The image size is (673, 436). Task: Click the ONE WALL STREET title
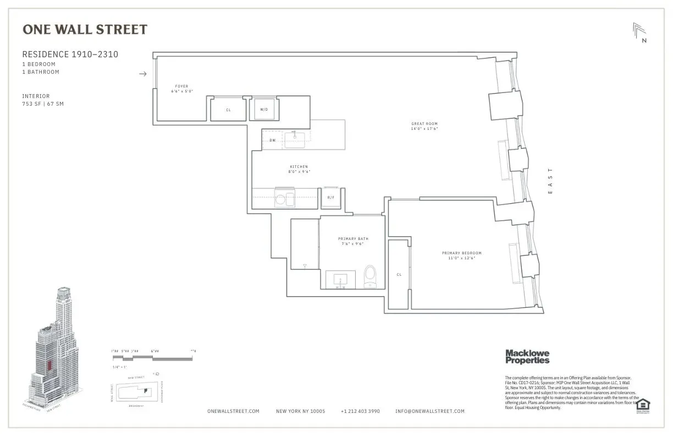pos(85,30)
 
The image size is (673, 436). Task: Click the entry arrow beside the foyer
pos(143,74)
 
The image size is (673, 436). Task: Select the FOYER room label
pos(181,86)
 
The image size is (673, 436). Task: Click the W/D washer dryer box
pos(264,109)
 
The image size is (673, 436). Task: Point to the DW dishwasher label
pos(272,140)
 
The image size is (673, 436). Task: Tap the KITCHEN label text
pos(299,167)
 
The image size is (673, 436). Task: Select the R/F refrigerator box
pos(331,197)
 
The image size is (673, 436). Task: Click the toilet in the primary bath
pos(371,275)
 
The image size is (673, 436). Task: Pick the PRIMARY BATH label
pos(353,239)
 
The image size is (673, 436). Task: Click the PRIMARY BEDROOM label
pos(461,253)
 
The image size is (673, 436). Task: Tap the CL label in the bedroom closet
pos(399,274)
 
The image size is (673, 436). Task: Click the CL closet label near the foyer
pos(228,110)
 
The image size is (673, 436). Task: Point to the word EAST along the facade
pos(550,181)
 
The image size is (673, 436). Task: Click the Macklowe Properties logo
pos(527,357)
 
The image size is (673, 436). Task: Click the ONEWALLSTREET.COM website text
pos(233,411)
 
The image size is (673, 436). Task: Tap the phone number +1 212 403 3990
pos(360,411)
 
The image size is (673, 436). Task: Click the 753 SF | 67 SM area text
pos(43,103)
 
